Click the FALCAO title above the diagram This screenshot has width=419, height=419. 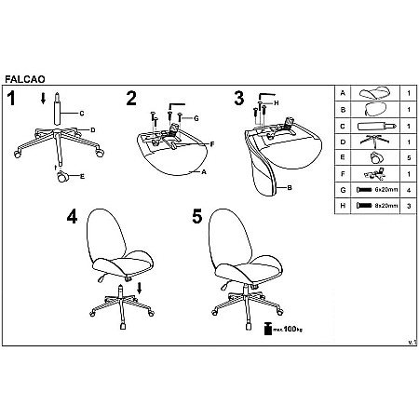tap(25, 79)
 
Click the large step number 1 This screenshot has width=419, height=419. tap(11, 99)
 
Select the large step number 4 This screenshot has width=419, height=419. tap(72, 216)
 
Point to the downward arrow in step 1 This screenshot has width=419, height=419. tap(43, 99)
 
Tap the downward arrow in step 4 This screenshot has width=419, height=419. tap(140, 288)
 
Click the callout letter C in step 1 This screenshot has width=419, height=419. tap(82, 114)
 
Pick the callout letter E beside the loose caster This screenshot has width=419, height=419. tap(82, 176)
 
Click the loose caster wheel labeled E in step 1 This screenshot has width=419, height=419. tap(61, 177)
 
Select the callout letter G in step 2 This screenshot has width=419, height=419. tap(196, 118)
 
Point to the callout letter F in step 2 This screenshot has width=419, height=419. tap(212, 144)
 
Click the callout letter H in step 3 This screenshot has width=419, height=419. tap(277, 103)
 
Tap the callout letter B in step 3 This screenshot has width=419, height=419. tap(290, 187)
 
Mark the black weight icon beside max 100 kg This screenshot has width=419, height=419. tap(268, 329)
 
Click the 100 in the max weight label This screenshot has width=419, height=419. tap(290, 329)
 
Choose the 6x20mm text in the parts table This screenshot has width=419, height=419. tap(386, 189)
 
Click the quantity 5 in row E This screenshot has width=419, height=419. tap(409, 157)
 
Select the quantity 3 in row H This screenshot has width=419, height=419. tap(409, 206)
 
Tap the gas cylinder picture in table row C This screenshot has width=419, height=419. tap(377, 126)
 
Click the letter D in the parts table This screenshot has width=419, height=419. tap(343, 142)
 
